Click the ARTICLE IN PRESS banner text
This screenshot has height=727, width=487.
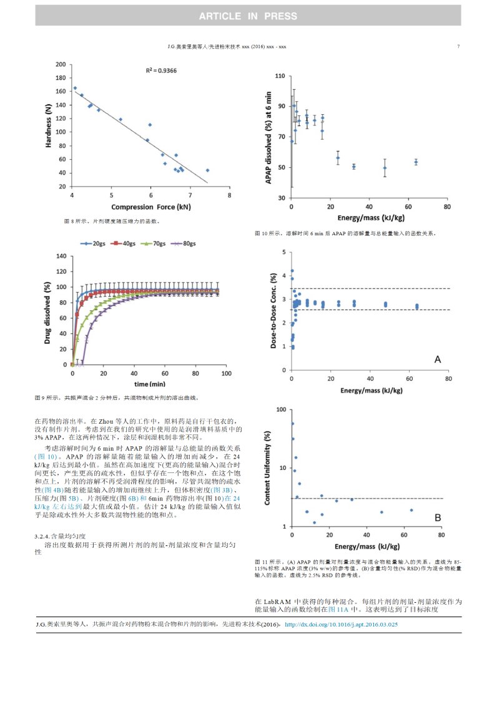coord(248,16)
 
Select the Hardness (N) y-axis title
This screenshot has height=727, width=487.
coord(49,125)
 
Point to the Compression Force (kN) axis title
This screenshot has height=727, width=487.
coord(151,207)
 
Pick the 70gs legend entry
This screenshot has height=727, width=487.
coord(157,243)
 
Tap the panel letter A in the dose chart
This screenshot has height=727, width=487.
coord(438,359)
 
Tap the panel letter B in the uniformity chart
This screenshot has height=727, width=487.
coord(438,517)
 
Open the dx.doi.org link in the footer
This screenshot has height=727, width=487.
coord(341,623)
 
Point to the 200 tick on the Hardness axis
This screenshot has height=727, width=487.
coord(61,64)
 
